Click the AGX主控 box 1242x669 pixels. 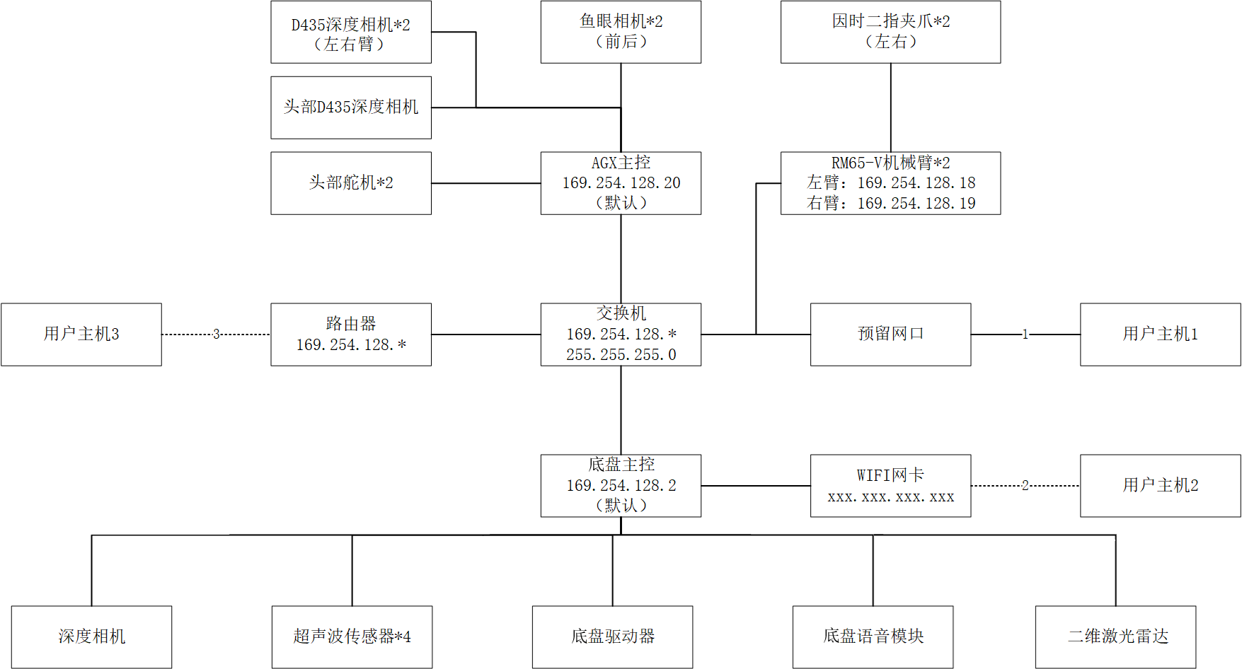(x=621, y=183)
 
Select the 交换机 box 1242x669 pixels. (x=621, y=334)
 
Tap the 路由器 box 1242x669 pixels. (x=351, y=334)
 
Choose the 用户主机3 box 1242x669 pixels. (x=81, y=334)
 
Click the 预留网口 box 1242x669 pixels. (x=890, y=334)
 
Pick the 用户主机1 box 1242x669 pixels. (x=1160, y=334)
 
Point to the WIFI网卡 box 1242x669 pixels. (x=890, y=485)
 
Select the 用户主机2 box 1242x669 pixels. (x=1160, y=485)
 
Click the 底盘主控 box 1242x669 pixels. (x=621, y=485)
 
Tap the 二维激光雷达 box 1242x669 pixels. (x=1116, y=636)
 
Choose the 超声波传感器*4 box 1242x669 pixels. (x=352, y=636)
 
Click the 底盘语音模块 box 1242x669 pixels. (x=873, y=636)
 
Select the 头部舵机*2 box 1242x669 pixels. (x=351, y=183)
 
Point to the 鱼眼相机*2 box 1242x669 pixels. (x=621, y=32)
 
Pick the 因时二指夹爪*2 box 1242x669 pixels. (x=890, y=32)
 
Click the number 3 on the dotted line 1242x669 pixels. (x=217, y=334)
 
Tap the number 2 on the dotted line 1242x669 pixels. (x=1025, y=485)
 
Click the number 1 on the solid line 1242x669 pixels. (x=1025, y=334)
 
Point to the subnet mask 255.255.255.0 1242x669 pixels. (x=621, y=355)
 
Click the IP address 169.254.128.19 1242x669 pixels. (x=916, y=204)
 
